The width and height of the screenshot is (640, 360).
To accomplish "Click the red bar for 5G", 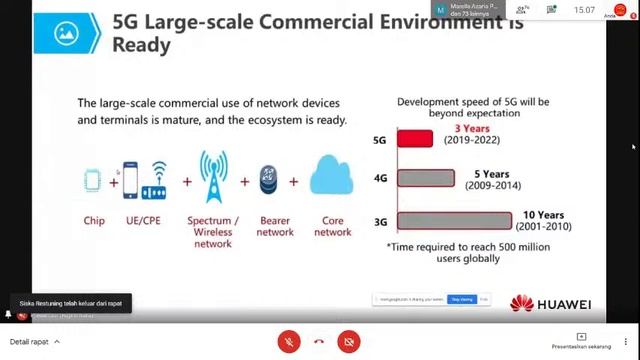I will (415, 139).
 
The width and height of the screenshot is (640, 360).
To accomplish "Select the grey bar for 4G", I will (426, 179).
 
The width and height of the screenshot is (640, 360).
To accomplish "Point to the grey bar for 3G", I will (454, 221).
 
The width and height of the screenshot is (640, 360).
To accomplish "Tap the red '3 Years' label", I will (472, 129).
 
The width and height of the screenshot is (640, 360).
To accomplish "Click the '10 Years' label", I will (543, 215).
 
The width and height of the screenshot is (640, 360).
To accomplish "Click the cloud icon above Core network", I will (332, 175).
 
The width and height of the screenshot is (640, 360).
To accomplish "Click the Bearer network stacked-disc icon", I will (268, 180).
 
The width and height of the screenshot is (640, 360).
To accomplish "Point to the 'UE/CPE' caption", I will (143, 220).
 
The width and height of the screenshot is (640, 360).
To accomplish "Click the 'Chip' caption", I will (94, 220).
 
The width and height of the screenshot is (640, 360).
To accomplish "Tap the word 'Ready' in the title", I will (141, 45).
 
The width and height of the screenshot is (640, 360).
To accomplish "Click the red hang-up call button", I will (319, 341).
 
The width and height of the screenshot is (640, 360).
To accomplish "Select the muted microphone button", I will (289, 341).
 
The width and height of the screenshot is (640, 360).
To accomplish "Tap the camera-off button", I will (349, 341).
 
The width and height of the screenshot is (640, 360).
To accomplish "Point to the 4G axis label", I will (380, 179).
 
